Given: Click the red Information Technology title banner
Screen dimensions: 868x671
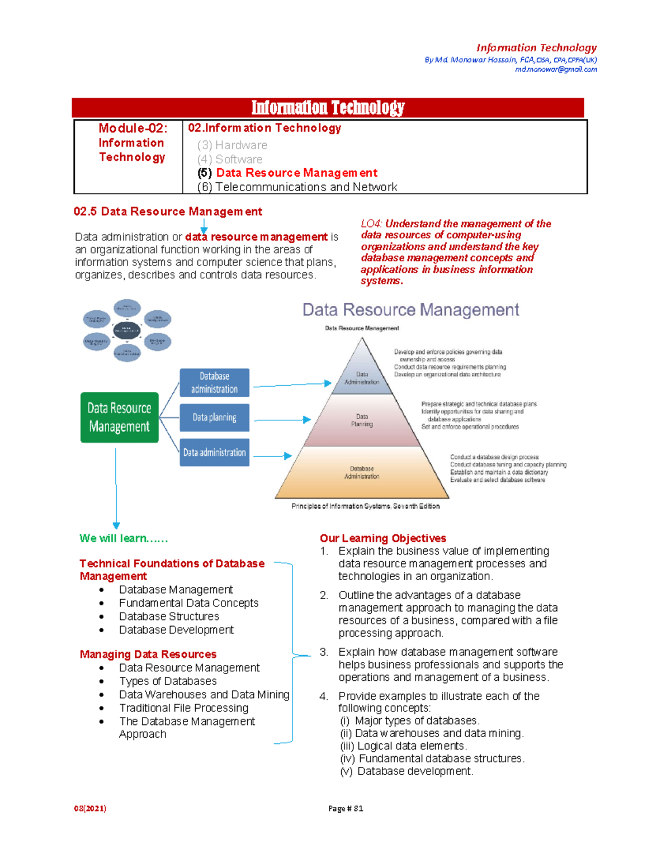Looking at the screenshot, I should pos(328,107).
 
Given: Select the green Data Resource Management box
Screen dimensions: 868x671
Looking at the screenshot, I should pos(119,418).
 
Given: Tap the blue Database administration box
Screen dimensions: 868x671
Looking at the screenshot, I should pos(214,383).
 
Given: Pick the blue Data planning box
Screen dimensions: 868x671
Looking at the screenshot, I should pos(214,418).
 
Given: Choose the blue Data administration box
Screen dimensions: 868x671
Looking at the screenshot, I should pos(214,453).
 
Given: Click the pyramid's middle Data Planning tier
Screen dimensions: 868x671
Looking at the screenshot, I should pos(362,420).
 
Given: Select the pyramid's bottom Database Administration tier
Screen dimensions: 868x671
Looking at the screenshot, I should pos(362,472).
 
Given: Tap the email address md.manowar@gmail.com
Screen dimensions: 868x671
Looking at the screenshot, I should pos(556,69).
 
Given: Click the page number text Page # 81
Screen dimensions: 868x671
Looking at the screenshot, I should pos(346,808).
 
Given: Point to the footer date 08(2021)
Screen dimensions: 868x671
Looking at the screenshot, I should pos(90,808).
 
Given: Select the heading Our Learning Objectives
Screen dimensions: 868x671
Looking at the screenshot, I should pos(383,538).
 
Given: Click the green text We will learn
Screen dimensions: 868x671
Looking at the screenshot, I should pos(124,538).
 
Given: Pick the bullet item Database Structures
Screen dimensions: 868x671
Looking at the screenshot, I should pos(169,616).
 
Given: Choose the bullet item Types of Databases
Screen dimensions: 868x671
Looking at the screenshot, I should pos(168,681).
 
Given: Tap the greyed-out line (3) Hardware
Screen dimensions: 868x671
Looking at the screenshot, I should pos(232,145).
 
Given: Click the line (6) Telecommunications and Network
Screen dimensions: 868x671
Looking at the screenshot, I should pos(297,187).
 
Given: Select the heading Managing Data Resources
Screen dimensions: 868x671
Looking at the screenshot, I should pos(148,654).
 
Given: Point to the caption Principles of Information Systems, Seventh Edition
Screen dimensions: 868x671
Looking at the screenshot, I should pos(365,506).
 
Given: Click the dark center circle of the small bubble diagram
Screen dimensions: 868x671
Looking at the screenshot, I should pos(127,330).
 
